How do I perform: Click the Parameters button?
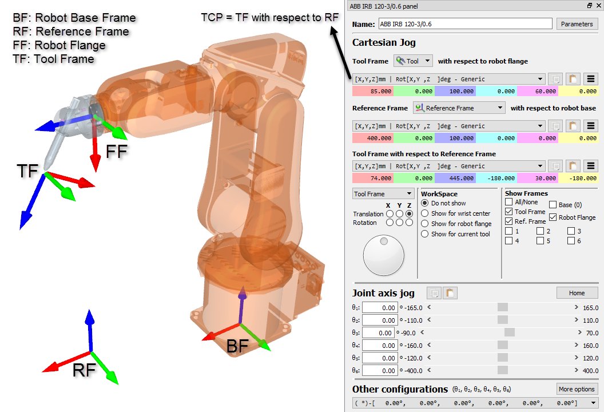point(577,24)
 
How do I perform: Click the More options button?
point(577,389)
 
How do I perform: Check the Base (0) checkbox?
point(553,205)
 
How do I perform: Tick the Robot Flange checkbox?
point(553,217)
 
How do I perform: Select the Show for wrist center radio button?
point(425,213)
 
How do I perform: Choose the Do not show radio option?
point(425,203)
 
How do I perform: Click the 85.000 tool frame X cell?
point(373,91)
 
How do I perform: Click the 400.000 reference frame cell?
point(373,138)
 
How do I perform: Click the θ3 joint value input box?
point(378,333)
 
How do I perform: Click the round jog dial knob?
point(383,255)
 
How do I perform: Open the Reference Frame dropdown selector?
point(459,108)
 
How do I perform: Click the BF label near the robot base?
point(237,346)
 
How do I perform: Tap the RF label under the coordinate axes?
point(84,370)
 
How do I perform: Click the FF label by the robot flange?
point(117,152)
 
